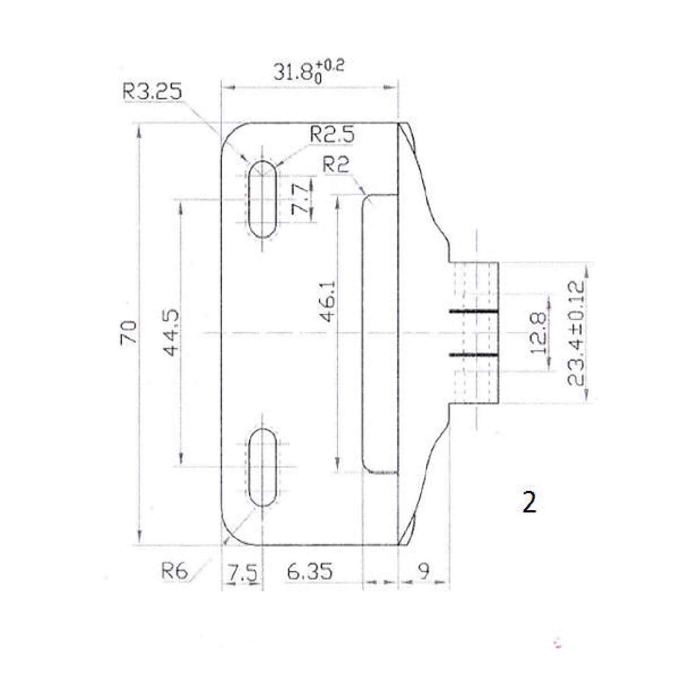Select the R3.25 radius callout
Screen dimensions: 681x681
(152, 92)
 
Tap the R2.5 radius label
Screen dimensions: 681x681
(331, 135)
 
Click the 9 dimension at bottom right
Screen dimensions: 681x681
(423, 571)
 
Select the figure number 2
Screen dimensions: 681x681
(529, 503)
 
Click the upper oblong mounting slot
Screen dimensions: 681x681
(262, 199)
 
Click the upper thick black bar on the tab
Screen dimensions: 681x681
(474, 311)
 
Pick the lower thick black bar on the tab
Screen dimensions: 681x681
(474, 354)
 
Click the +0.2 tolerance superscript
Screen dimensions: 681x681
(333, 67)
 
